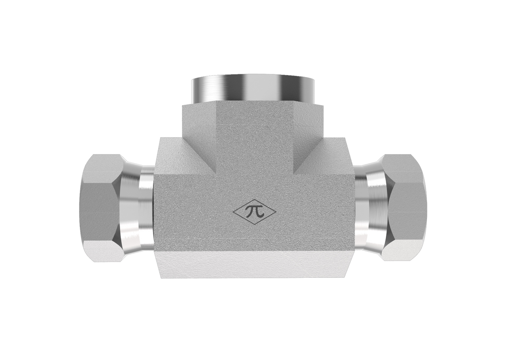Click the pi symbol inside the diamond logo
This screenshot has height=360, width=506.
(255, 212)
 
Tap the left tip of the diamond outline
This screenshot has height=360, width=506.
(233, 212)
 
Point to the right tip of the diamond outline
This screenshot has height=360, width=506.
(276, 212)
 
